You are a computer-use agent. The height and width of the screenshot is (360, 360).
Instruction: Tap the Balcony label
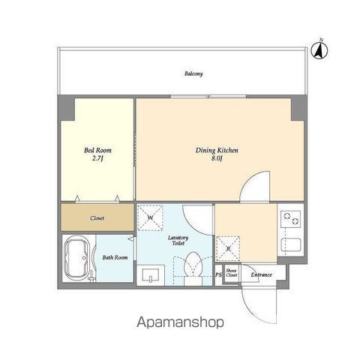194,74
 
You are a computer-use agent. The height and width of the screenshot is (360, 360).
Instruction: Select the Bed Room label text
97,150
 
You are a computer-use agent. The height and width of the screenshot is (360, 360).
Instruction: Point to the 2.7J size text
97,158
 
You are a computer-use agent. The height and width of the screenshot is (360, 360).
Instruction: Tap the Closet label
97,218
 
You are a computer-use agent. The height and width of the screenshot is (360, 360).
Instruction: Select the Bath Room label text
115,257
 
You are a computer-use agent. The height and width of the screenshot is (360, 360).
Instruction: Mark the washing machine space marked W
151,218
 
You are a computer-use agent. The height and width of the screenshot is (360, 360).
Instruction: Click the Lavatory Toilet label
178,241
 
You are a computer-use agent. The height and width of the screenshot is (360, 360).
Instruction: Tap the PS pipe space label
218,274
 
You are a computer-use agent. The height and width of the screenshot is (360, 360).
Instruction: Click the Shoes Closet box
232,274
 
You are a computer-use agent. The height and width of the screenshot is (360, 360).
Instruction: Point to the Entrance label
261,274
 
